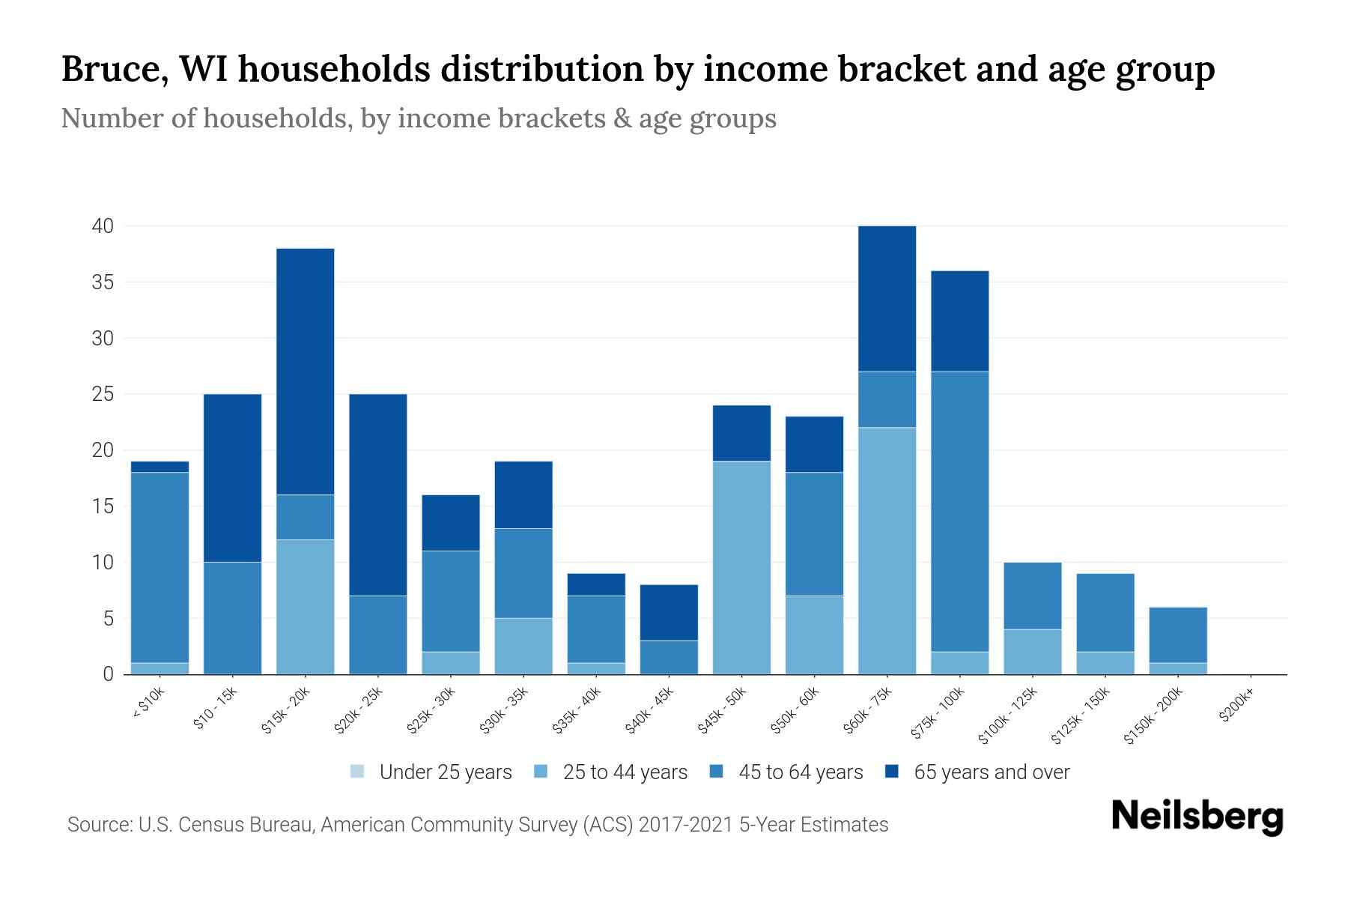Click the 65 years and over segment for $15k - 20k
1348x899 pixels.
tap(306, 371)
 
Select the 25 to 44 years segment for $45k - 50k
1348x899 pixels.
tap(741, 567)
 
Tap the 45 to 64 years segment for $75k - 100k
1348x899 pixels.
tap(959, 511)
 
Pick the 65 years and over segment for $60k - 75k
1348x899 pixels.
tap(887, 298)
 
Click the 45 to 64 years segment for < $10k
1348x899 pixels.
tap(160, 567)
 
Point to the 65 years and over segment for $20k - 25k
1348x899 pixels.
tap(378, 494)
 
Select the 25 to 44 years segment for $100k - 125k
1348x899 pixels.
tap(1032, 651)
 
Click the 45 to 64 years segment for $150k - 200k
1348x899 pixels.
tap(1177, 635)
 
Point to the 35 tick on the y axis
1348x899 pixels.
tap(103, 282)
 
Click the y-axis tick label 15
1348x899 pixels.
tap(103, 506)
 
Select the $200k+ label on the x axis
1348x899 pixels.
tap(1236, 706)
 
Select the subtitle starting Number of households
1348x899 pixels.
tap(418, 118)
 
